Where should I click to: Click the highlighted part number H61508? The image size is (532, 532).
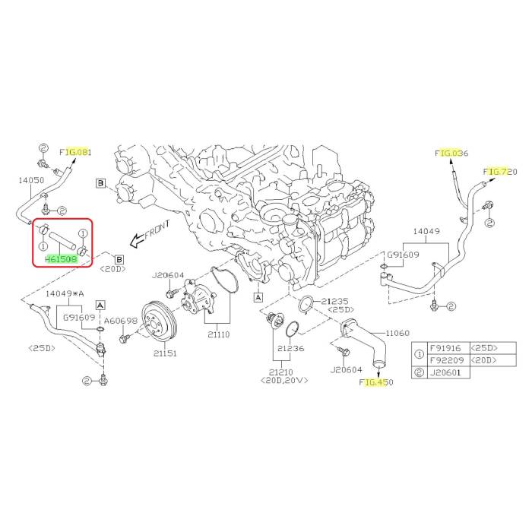[60, 258]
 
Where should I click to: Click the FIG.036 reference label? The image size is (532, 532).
[451, 153]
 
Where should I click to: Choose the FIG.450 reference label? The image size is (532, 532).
[376, 383]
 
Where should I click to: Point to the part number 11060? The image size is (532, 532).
[397, 333]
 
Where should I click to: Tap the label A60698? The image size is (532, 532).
[120, 320]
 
